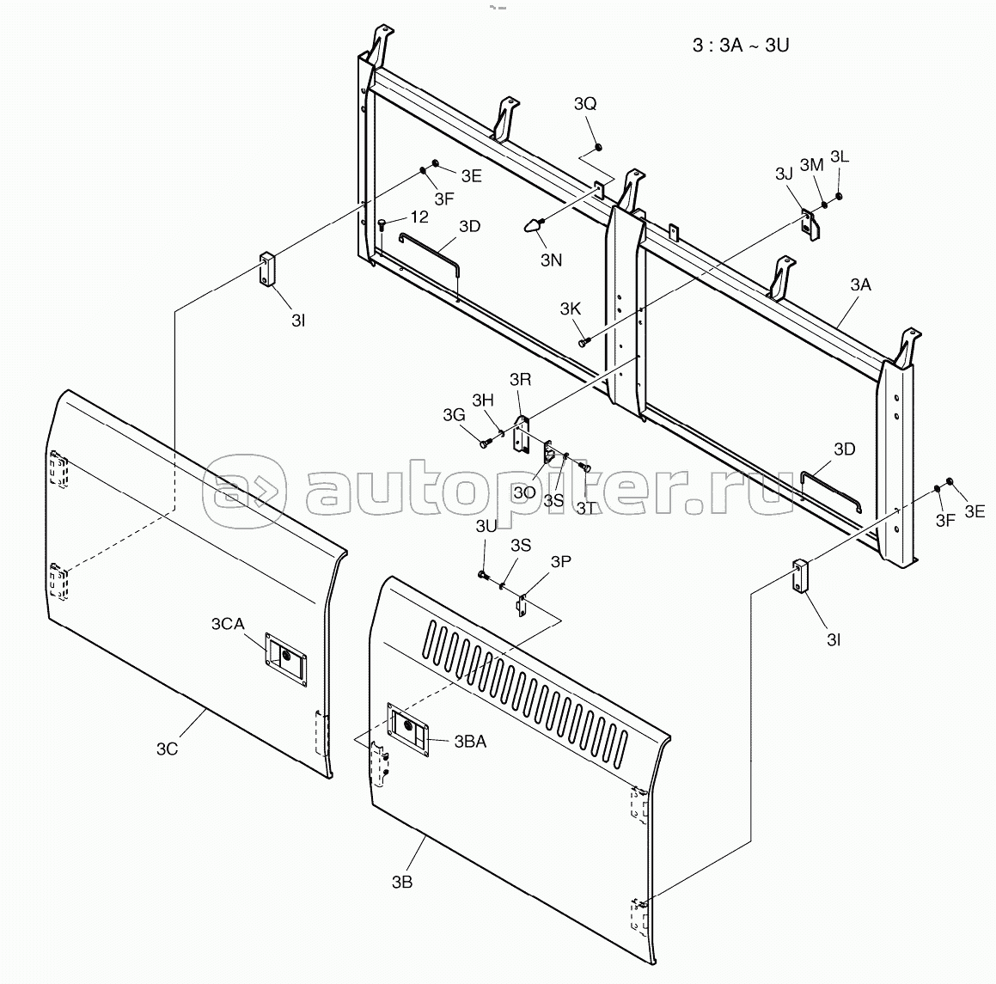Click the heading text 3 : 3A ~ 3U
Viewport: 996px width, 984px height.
(741, 46)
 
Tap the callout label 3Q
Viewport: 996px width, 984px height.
(585, 104)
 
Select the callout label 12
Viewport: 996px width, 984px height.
(419, 217)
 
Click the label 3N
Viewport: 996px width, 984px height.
(552, 260)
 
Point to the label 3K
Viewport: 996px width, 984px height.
(571, 309)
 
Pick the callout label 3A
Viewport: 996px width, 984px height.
(861, 285)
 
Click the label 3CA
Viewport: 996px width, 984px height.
(228, 625)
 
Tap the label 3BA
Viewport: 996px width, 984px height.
(470, 742)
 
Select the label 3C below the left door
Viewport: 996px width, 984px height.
(167, 749)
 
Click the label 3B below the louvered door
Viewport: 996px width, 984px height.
(402, 883)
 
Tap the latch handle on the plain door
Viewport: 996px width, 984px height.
(286, 659)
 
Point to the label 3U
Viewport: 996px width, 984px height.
(486, 527)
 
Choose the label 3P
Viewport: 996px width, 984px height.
(561, 561)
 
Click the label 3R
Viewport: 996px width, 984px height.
(520, 380)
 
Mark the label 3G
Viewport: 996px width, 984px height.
(454, 415)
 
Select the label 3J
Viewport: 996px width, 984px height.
(784, 174)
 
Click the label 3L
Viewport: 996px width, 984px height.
(840, 156)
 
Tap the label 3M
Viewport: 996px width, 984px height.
(812, 165)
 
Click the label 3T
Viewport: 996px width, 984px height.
(586, 508)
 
